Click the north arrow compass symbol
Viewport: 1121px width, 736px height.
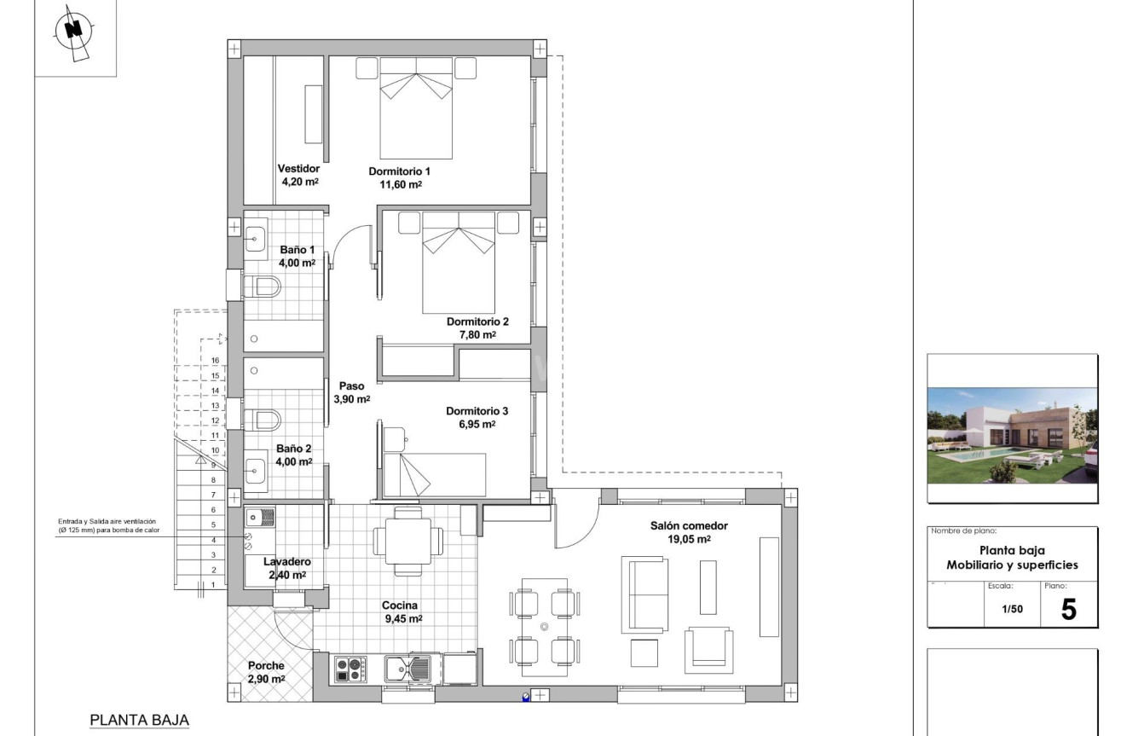[x=74, y=32]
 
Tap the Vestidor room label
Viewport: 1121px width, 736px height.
[x=298, y=169]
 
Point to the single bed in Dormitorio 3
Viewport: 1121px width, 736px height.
[x=434, y=473]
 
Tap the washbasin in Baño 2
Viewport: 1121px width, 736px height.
[x=256, y=468]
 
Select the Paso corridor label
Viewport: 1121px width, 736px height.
[x=350, y=385]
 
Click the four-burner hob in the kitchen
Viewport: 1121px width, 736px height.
[x=350, y=669]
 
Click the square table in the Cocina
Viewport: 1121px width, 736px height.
[x=407, y=540]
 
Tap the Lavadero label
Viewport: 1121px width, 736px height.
[x=286, y=562]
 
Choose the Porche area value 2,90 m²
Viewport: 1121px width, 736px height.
[x=266, y=679]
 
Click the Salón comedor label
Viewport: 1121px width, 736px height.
[x=689, y=526]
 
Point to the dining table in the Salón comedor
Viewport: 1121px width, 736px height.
[x=544, y=627]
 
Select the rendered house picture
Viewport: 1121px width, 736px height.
[x=1012, y=435]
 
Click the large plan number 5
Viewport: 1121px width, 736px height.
[x=1068, y=609]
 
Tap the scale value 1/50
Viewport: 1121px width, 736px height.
[x=1011, y=611]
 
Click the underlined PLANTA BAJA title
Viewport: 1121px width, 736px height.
[x=139, y=721]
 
